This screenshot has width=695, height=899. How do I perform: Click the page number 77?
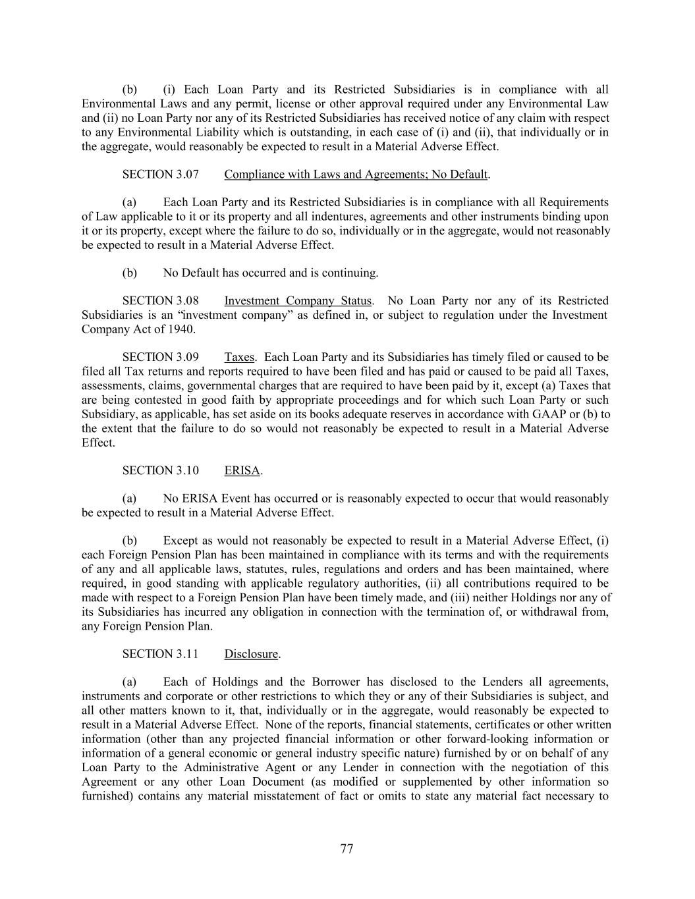pos(347,849)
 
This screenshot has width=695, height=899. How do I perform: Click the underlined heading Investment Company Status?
pos(298,301)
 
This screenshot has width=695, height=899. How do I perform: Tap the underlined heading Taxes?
pos(239,358)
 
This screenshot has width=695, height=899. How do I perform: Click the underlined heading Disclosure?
pos(251,654)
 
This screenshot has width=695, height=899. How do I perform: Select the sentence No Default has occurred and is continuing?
pos(271,273)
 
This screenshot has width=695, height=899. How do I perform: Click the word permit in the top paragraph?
pos(255,104)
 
